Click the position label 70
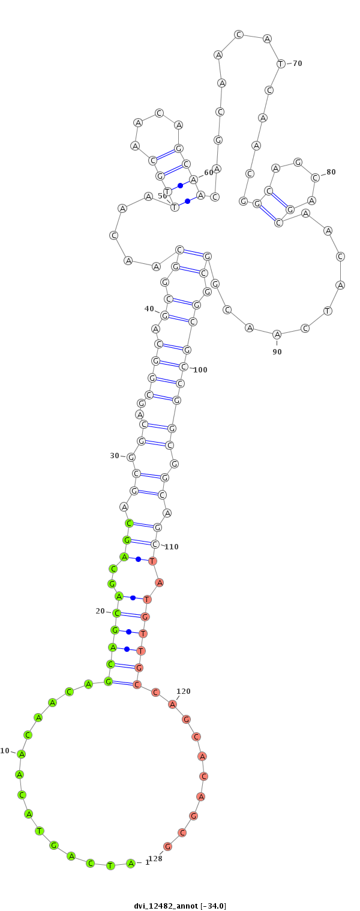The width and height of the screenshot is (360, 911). coord(298,64)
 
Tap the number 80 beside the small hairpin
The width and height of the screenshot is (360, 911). coord(331,172)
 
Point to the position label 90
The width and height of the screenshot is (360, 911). coord(277,352)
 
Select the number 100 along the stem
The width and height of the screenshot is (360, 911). coord(200,369)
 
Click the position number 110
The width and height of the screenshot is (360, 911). coord(171,546)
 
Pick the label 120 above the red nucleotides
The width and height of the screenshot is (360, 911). coord(184,691)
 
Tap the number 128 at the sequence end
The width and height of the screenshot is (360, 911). coord(155,859)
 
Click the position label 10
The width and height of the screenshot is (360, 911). coord(5,751)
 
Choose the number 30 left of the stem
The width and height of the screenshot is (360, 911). coord(115,456)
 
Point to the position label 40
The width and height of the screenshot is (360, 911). coord(149,309)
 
